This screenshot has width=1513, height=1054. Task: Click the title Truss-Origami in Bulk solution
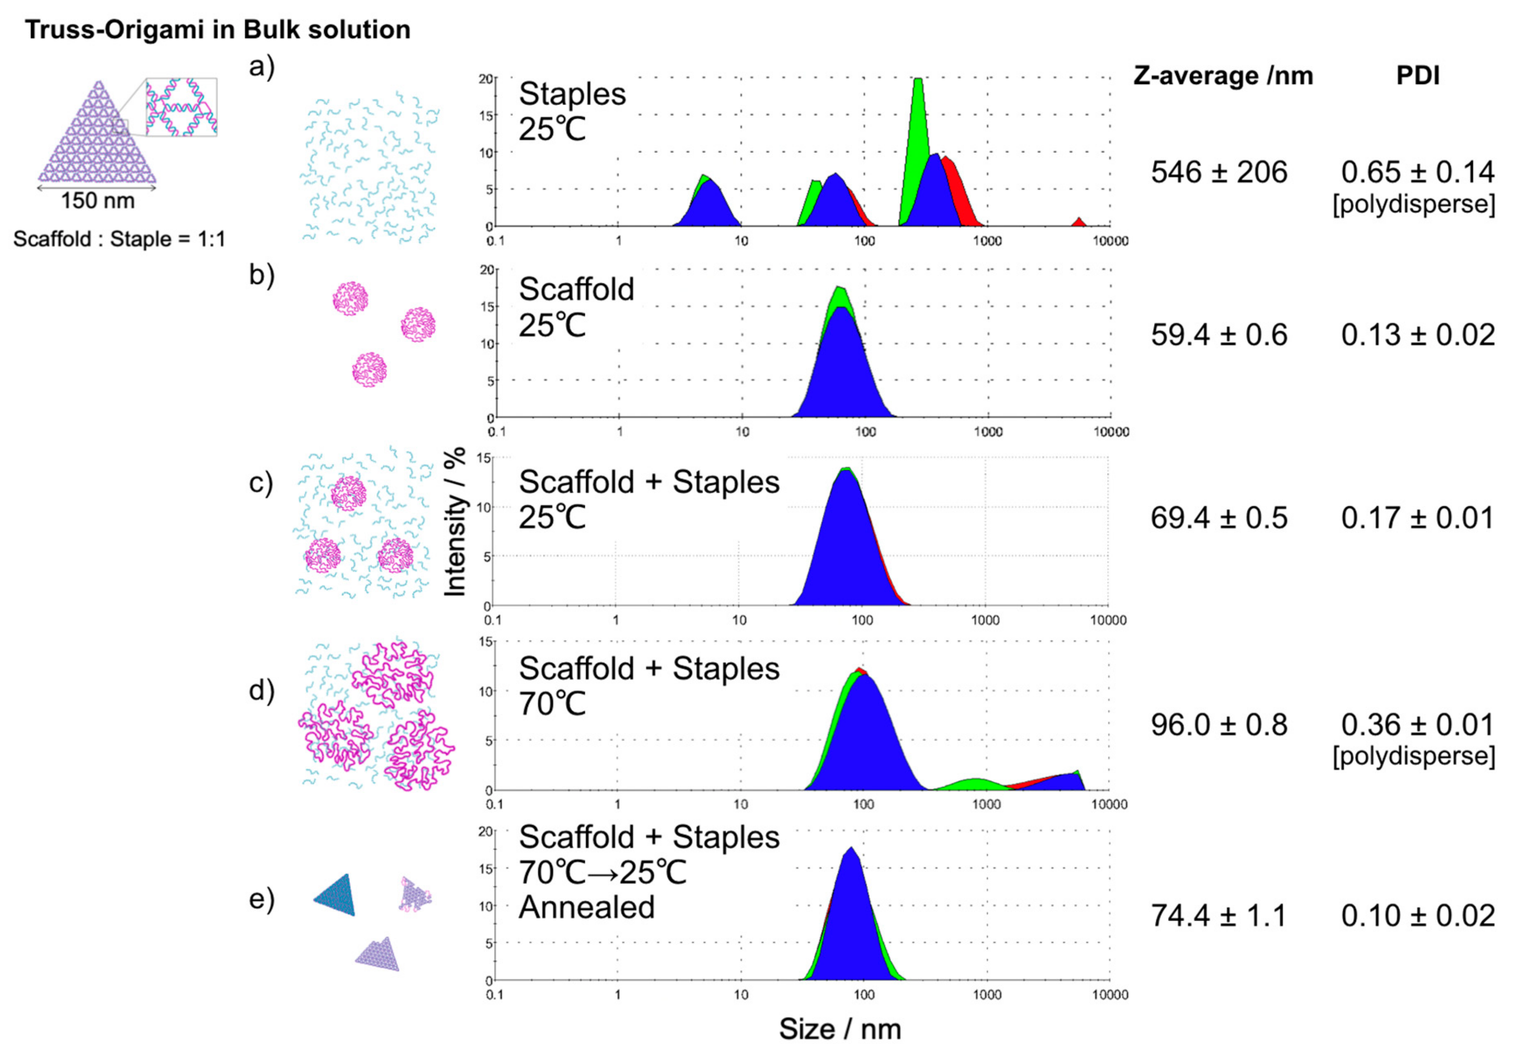(x=218, y=30)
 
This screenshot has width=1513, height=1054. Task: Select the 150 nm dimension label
(x=98, y=201)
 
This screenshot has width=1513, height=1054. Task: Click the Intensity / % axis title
(x=455, y=522)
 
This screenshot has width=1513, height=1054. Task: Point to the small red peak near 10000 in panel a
(x=1078, y=222)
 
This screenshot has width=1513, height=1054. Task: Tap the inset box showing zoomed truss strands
(x=181, y=107)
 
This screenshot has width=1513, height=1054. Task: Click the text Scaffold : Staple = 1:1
(x=119, y=239)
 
